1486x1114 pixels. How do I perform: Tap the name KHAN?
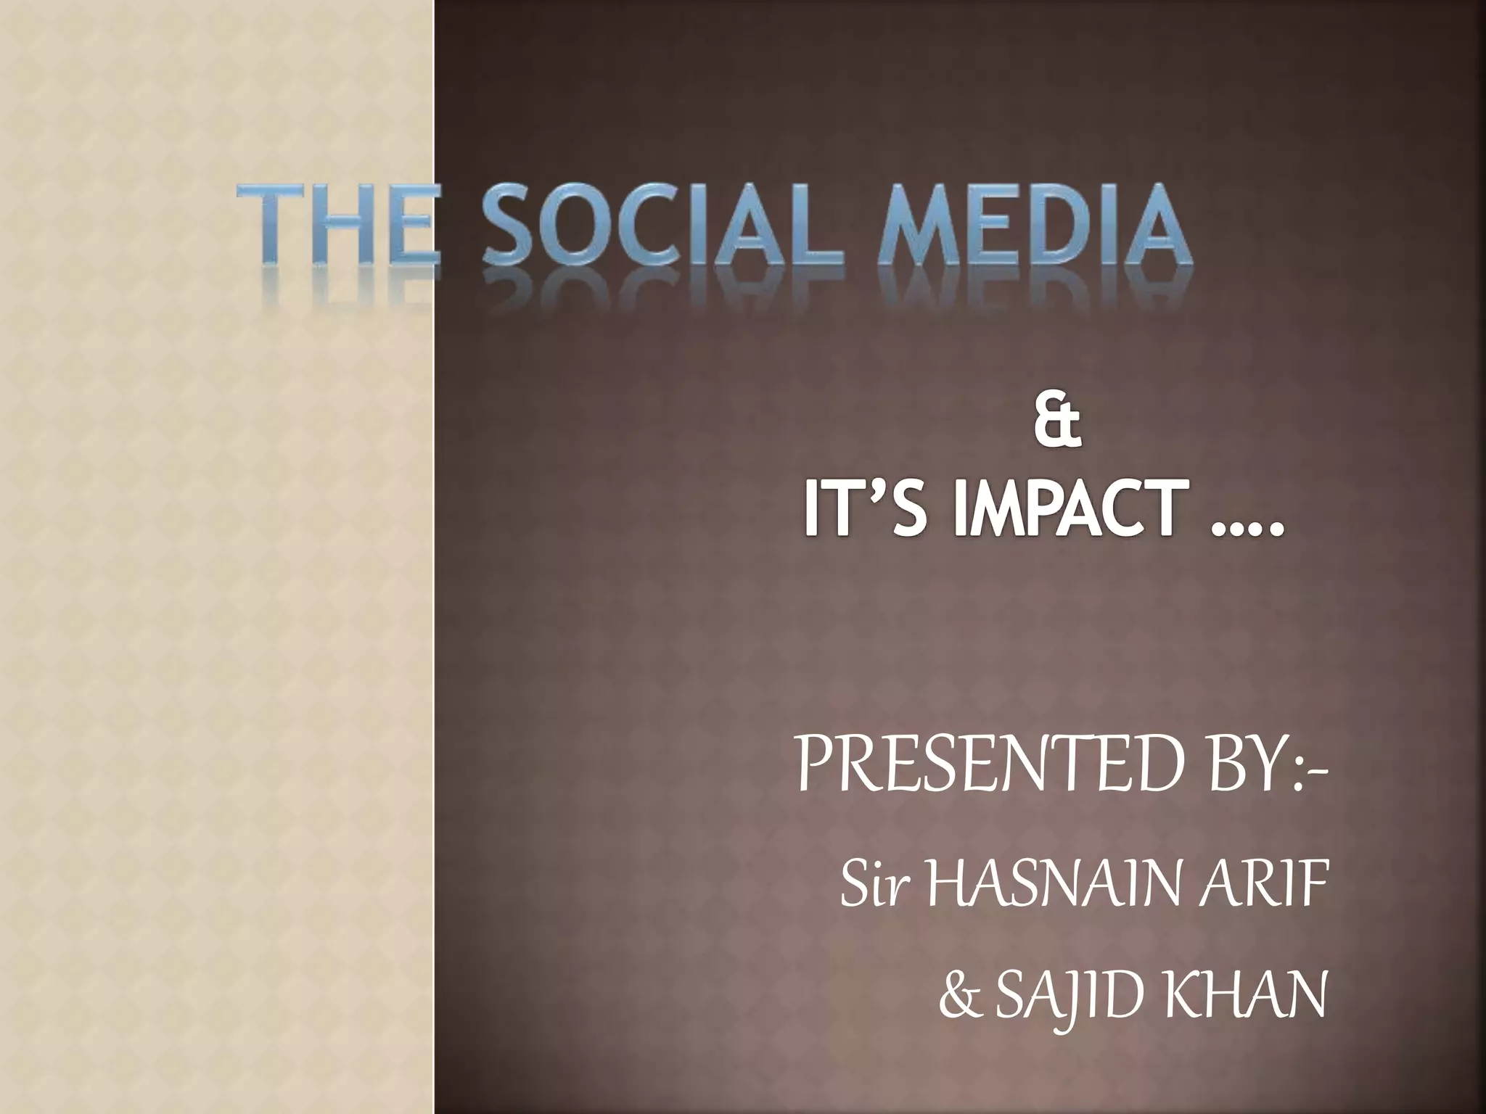pos(1245,995)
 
